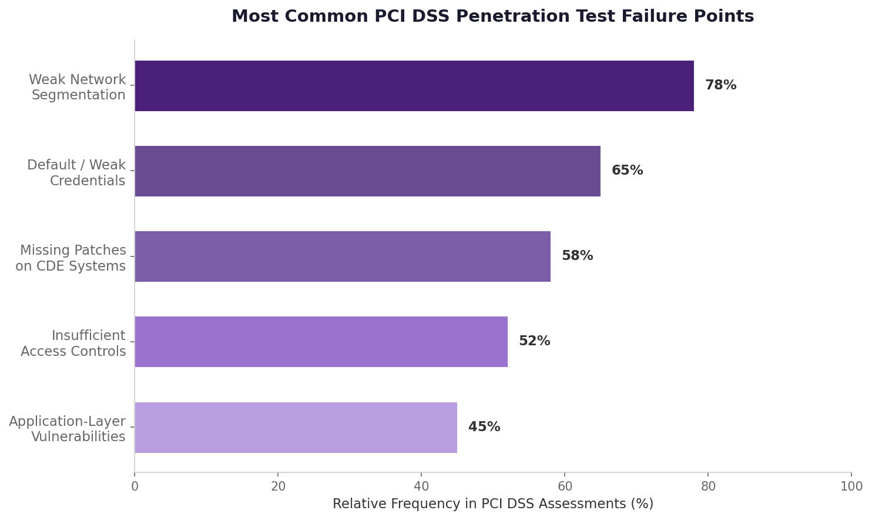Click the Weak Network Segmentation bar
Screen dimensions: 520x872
pos(414,86)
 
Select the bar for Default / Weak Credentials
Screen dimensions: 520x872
pos(368,171)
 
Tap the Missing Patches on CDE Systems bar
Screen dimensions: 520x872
pos(343,256)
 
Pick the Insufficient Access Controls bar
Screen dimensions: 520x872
pos(321,342)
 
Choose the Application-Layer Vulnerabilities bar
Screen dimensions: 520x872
pos(296,428)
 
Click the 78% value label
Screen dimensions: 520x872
pos(720,86)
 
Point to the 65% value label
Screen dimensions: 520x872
pos(627,171)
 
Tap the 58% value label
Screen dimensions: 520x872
pos(577,256)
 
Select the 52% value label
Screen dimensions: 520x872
pos(534,342)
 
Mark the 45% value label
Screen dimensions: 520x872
pos(484,428)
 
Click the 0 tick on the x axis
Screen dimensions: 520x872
pos(135,486)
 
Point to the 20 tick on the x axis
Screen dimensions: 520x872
pos(278,486)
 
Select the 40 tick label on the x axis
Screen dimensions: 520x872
pos(421,486)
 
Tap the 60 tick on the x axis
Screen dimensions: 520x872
pos(565,486)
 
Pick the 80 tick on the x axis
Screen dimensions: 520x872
pos(708,486)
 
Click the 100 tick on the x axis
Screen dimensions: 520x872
pos(851,486)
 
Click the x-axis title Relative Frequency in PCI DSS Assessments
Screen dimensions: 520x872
pos(492,504)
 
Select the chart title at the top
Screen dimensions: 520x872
pos(492,16)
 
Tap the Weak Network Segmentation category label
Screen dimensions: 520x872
pos(78,88)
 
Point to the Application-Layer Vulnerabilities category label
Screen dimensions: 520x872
pos(67,429)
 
